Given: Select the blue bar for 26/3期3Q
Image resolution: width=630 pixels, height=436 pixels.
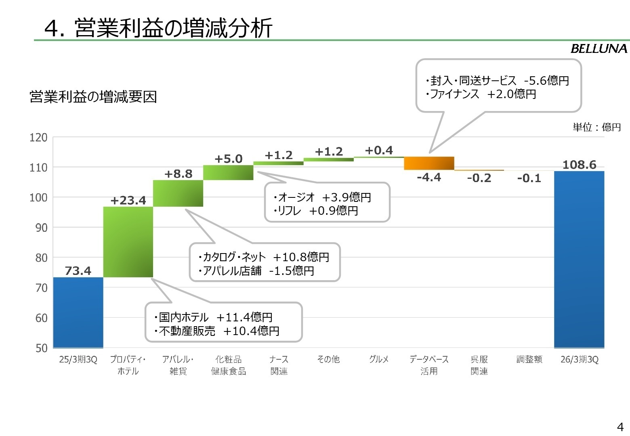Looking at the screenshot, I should (579, 259).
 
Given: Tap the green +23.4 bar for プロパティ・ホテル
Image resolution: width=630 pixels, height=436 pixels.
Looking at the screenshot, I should (128, 242).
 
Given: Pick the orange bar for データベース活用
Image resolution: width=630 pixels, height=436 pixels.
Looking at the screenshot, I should (429, 163).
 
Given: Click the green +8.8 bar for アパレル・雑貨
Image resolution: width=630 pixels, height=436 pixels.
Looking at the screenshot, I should (178, 193).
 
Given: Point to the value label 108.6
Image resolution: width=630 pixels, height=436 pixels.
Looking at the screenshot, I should (579, 165).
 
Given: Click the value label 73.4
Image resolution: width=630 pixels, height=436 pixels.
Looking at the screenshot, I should (78, 271).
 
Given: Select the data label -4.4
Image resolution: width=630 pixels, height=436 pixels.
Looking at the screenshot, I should (429, 177).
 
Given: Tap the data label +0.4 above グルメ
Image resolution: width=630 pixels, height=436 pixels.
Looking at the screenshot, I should (379, 151).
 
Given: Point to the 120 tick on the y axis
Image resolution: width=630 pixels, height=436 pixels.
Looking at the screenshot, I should (38, 138).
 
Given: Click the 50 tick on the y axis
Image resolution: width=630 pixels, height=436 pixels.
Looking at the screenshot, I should (41, 348).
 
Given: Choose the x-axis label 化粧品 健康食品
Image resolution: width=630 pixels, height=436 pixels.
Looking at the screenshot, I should (228, 365).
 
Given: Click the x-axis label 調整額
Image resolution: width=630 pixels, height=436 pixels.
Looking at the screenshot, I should (529, 359).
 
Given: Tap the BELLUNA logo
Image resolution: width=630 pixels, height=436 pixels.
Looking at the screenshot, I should (598, 49).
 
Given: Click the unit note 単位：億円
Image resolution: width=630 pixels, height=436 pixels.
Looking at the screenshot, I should (596, 128).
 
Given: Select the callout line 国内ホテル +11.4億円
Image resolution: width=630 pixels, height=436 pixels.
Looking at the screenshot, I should (213, 317).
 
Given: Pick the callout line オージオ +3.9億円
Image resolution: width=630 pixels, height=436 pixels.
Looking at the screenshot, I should (322, 197).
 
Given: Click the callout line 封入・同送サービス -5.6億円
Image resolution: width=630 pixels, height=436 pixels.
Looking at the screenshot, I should (497, 81).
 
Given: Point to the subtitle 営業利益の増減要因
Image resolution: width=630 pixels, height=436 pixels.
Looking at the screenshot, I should (93, 97).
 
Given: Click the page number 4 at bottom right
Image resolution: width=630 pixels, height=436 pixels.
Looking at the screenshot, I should (620, 427).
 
